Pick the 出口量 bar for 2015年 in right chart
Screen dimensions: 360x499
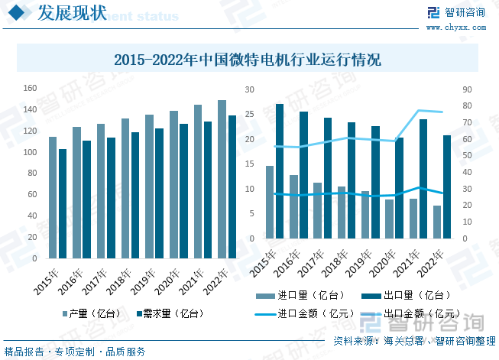280,171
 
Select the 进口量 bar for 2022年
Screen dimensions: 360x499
437,222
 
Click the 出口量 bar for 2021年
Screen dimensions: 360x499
423,179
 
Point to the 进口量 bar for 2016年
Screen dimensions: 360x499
294,206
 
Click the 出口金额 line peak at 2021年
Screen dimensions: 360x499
419,111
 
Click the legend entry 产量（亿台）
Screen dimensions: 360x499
89,313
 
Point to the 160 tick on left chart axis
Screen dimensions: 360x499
30,89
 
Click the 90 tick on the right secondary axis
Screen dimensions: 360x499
467,89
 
